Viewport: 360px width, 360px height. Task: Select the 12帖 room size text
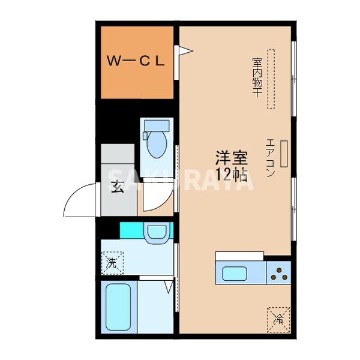pyautogui.click(x=232, y=175)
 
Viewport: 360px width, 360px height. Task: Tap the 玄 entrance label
pyautogui.click(x=118, y=185)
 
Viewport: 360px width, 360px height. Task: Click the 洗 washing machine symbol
pyautogui.click(x=112, y=262)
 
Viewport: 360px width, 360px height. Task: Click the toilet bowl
pyautogui.click(x=156, y=144)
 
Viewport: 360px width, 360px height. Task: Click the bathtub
pyautogui.click(x=119, y=307)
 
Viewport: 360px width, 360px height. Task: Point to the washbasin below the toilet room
pyautogui.click(x=157, y=232)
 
